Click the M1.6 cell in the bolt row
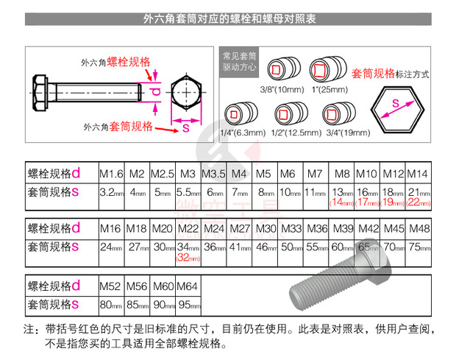pyautogui.click(x=110, y=174)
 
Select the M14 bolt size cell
pyautogui.click(x=417, y=174)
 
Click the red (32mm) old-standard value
pyautogui.click(x=188, y=258)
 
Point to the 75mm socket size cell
pyautogui.click(x=417, y=247)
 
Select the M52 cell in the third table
pyautogui.click(x=110, y=285)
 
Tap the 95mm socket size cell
pyautogui.click(x=188, y=303)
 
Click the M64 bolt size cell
pyautogui.click(x=188, y=285)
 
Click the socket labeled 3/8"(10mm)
pyautogui.click(x=282, y=71)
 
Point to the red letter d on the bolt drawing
pyautogui.click(x=155, y=91)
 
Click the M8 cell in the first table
pyautogui.click(x=342, y=174)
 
